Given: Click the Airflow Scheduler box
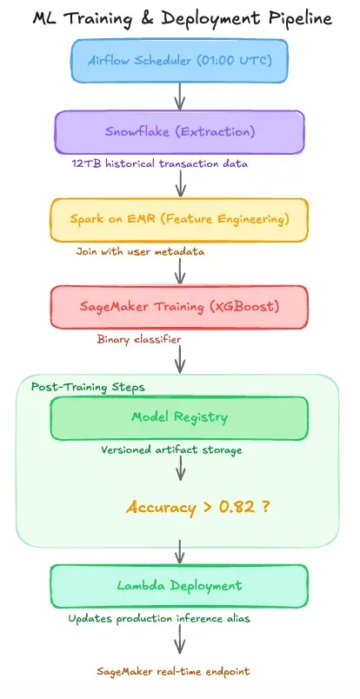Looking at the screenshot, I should tap(179, 61).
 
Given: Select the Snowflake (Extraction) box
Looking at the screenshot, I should tap(179, 131).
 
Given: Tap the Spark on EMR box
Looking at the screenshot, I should tap(179, 220).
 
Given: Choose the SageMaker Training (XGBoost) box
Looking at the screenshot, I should tap(179, 308).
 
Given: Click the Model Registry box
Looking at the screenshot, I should tap(179, 417).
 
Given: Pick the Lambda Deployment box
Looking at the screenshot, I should tap(179, 586).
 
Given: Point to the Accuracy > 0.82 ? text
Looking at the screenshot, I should tap(197, 506).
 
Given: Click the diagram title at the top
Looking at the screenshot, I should tap(179, 17).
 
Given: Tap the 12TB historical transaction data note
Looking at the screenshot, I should tap(162, 163).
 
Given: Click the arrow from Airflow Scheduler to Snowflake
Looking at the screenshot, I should tap(180, 96).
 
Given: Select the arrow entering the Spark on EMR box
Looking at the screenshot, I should tap(180, 183).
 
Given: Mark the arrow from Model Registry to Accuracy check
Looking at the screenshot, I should tap(180, 469).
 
